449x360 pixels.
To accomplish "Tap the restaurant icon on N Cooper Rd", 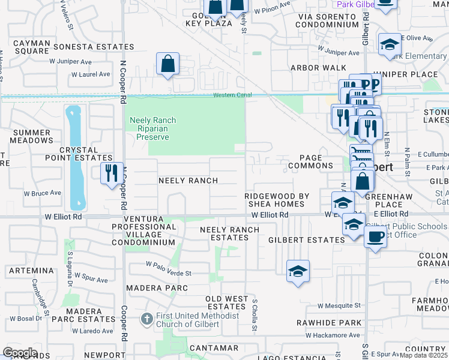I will point(111,173).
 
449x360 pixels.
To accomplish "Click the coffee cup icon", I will point(375,237).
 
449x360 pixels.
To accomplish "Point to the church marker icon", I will point(145,320).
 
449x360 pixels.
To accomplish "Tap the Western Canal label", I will point(232,96).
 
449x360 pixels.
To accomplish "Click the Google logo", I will point(20,353).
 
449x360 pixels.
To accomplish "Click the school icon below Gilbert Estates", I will point(298,271).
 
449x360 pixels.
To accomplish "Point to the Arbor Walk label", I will point(318,68).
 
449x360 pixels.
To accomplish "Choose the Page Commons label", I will point(310,166).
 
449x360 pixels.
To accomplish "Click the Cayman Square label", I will point(31,47).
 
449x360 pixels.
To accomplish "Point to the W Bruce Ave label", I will point(43,194).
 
